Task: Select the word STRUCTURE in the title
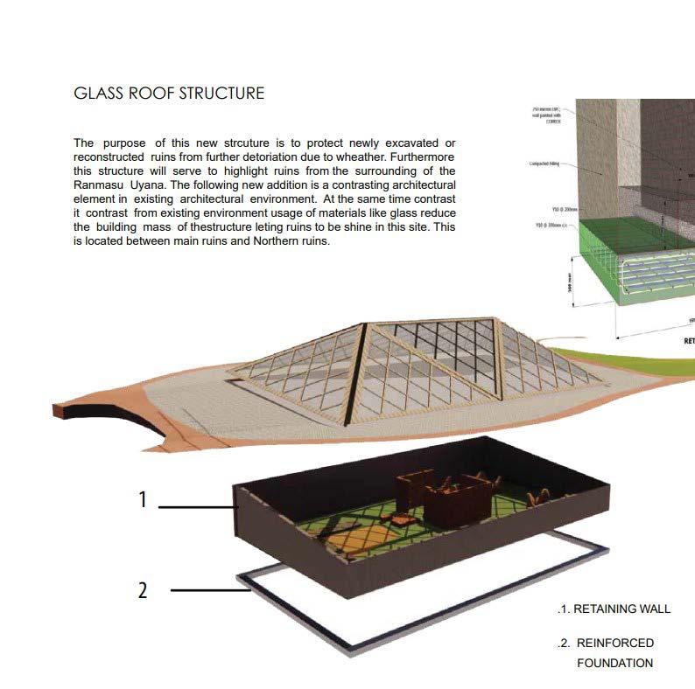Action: pyautogui.click(x=220, y=93)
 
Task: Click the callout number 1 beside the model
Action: pyautogui.click(x=142, y=500)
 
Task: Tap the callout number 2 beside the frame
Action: pyautogui.click(x=143, y=590)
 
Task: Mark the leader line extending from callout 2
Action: pyautogui.click(x=210, y=591)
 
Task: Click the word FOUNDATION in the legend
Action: pyautogui.click(x=614, y=663)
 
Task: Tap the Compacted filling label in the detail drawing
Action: pyautogui.click(x=545, y=164)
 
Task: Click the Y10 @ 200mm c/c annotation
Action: pyautogui.click(x=563, y=211)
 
